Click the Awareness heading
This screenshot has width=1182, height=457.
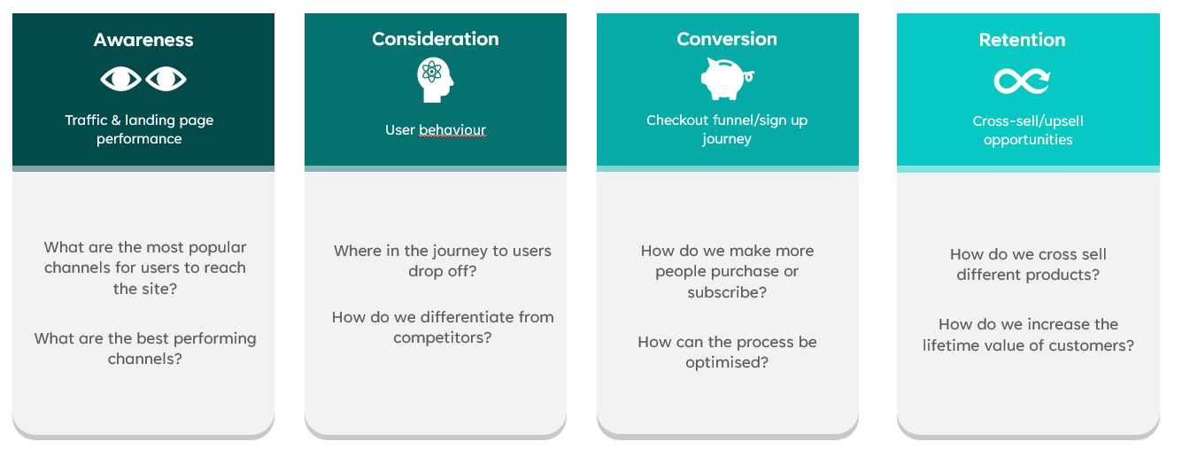pos(143,40)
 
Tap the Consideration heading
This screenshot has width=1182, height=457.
pos(436,39)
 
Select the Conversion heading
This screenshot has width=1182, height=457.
pos(727,39)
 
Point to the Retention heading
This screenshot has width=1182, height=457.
pos(1022,40)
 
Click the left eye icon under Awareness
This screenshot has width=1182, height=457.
pos(120,79)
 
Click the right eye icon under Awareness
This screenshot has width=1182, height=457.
pos(166,79)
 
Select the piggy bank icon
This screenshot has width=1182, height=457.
pos(727,79)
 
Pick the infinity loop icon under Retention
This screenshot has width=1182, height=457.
pos(1022,81)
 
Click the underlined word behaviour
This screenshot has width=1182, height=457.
pos(452,130)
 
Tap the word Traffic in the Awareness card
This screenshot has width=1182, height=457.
pos(86,120)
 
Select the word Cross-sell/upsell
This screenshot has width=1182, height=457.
pos(1028,121)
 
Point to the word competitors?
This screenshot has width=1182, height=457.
pos(442,337)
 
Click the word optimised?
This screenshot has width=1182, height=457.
pos(727,362)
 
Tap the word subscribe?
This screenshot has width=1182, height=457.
pos(727,292)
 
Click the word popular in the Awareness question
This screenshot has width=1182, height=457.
pos(218,247)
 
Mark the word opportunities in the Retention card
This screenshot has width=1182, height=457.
pos(1028,140)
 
